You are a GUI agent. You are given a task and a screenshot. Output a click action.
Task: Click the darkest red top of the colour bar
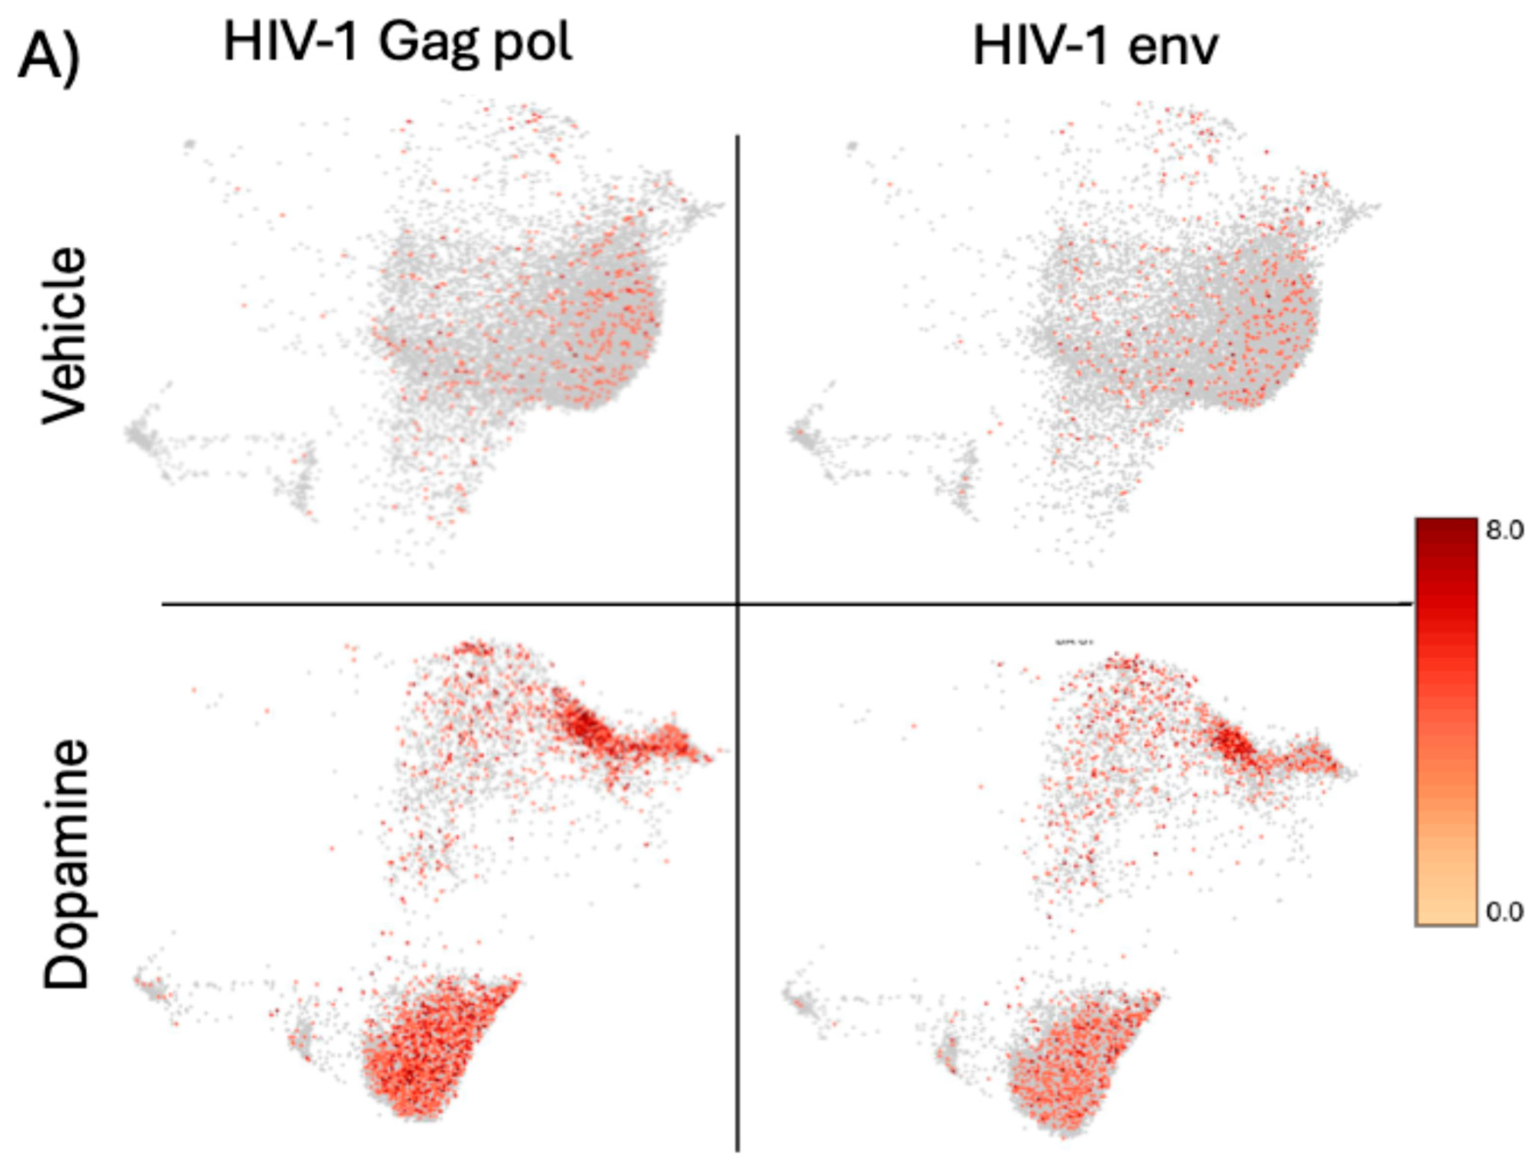(1446, 528)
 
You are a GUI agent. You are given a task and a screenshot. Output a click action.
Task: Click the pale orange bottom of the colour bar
(1446, 916)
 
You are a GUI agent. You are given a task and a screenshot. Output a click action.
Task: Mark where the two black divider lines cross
(737, 604)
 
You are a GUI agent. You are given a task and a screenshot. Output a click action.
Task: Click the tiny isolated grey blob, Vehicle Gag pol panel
(189, 144)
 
